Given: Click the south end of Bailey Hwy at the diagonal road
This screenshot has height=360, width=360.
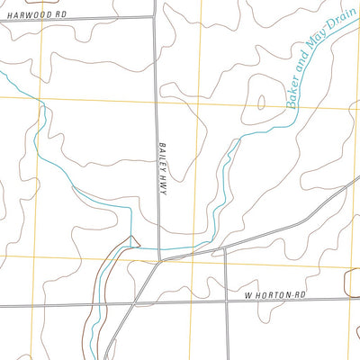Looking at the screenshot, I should (x=159, y=262).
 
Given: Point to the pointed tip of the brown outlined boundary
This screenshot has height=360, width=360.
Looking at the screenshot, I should (x=133, y=237).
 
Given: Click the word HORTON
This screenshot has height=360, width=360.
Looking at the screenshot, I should (x=275, y=294).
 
